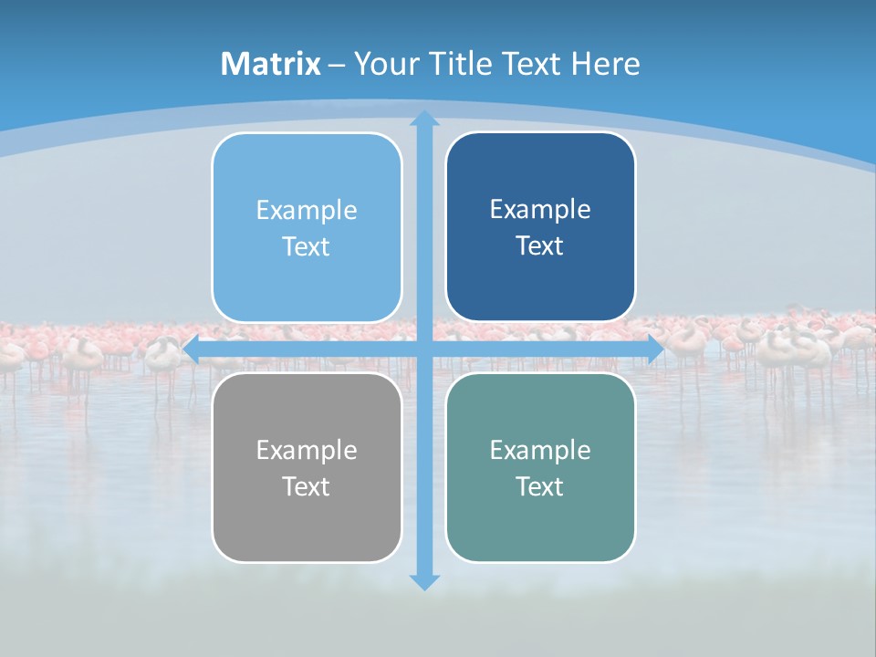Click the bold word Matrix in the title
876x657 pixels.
(271, 64)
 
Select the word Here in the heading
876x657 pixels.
(606, 64)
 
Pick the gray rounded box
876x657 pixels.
(307, 520)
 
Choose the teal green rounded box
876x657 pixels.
(540, 520)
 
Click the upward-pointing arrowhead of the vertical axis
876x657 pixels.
(424, 120)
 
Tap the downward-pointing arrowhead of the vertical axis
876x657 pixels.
(424, 581)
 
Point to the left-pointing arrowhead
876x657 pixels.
(192, 349)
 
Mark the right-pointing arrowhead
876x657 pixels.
(655, 349)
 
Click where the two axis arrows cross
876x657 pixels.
(424, 349)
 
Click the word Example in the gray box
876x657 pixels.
(307, 450)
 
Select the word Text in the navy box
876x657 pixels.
(539, 246)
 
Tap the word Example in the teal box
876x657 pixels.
(540, 450)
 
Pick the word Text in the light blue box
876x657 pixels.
(306, 247)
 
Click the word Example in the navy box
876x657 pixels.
(540, 210)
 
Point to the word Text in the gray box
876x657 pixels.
(306, 486)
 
